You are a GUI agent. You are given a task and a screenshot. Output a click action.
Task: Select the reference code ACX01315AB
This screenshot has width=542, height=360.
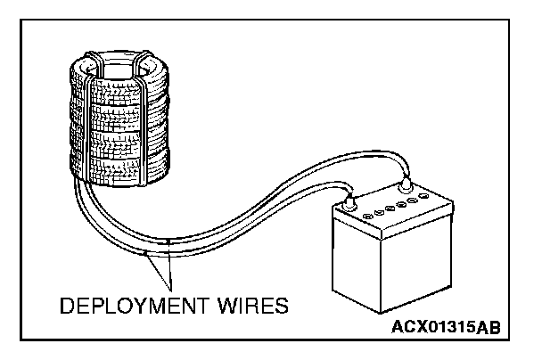pos(446,327)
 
